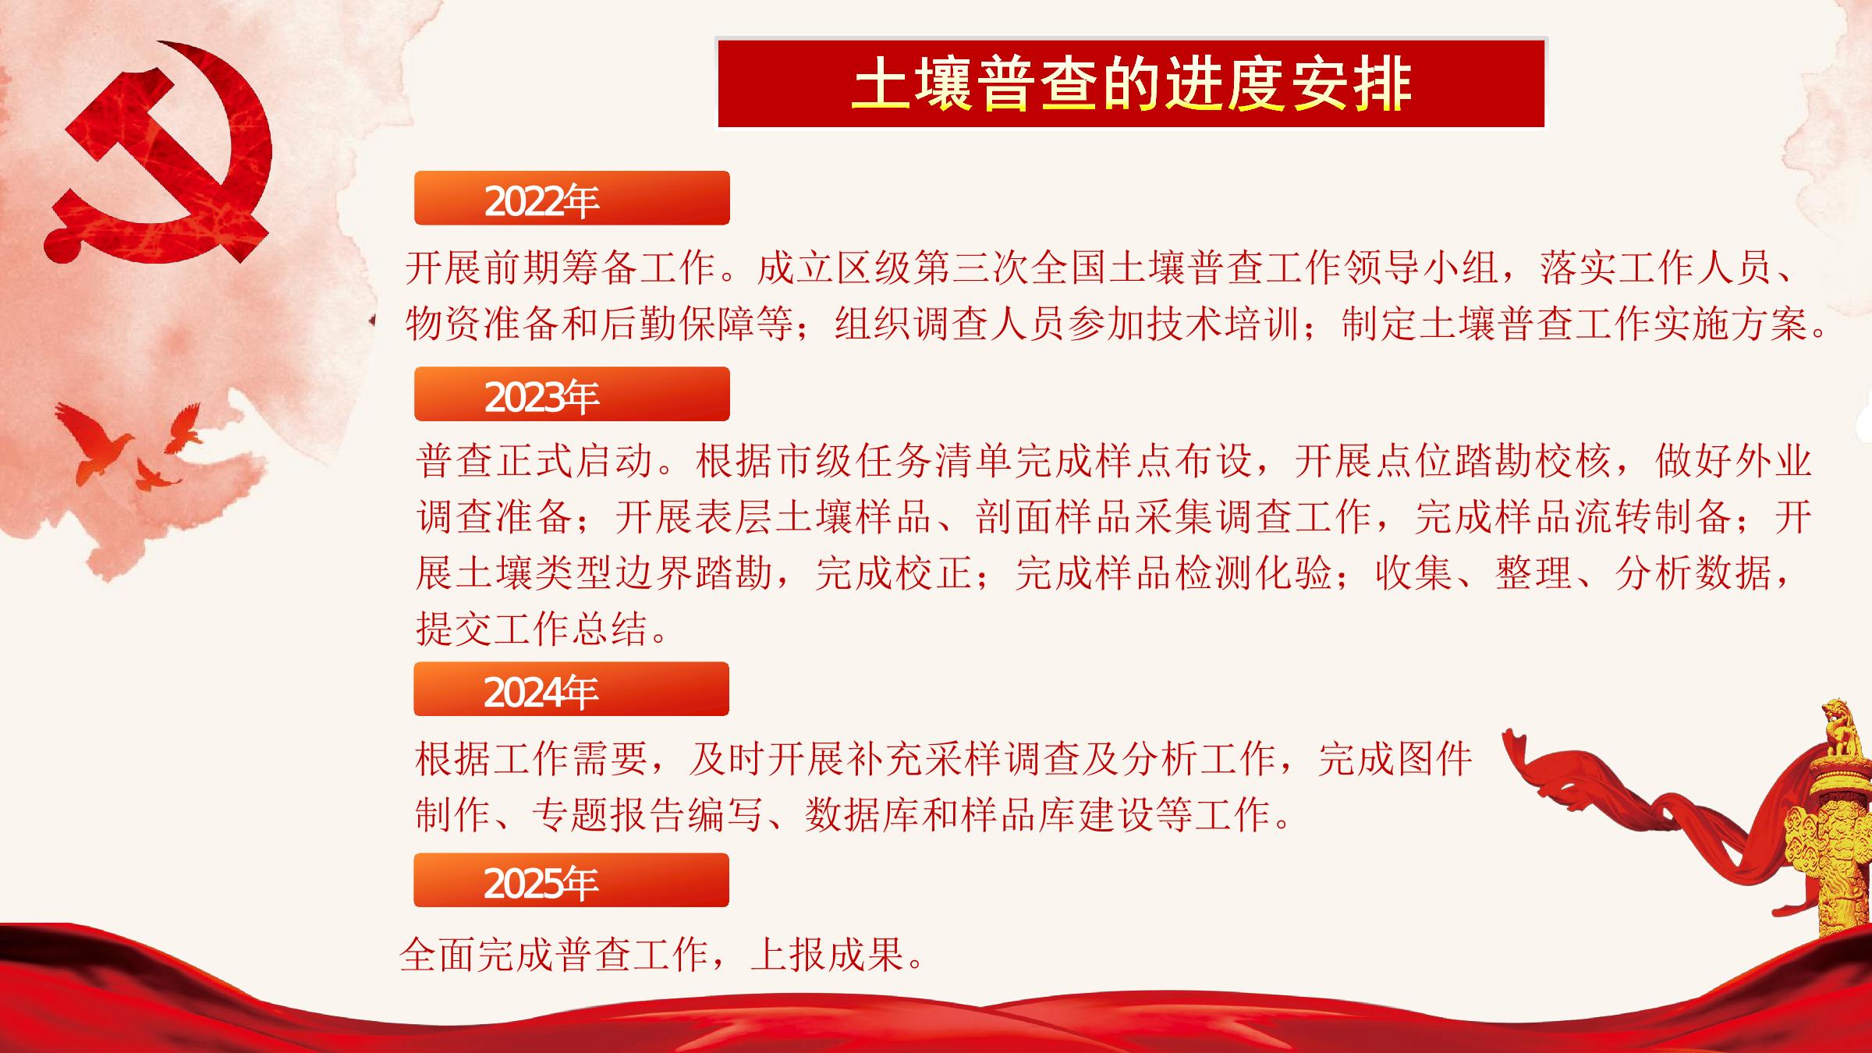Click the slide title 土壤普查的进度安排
coord(1131,83)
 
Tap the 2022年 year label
coord(541,200)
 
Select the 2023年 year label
coord(541,396)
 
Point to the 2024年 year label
coord(541,691)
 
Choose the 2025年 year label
coord(541,882)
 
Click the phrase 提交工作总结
coord(532,628)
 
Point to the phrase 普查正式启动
coord(535,460)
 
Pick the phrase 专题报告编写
coord(648,815)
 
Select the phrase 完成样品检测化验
coord(1173,573)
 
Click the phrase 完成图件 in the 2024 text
coord(1395,758)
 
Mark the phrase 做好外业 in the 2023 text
coord(1733,460)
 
